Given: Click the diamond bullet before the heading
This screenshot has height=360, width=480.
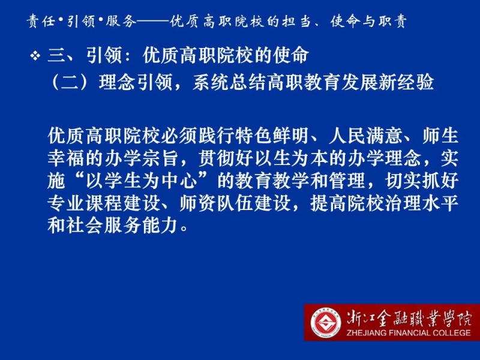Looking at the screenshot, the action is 35,56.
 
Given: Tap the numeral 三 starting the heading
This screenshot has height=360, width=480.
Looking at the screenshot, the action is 57,56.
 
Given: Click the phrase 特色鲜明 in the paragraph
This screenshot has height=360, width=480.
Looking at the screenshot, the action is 272,136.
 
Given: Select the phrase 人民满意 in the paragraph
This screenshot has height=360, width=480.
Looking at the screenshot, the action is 365,136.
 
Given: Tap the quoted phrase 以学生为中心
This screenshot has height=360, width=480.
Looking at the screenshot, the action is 142,181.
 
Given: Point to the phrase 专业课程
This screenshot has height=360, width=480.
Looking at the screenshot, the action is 85,203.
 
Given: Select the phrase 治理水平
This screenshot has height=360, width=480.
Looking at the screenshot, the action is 421,203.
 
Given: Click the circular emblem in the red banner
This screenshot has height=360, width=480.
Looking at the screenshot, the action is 325,323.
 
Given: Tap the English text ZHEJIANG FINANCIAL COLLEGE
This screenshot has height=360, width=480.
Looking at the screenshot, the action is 409,333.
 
